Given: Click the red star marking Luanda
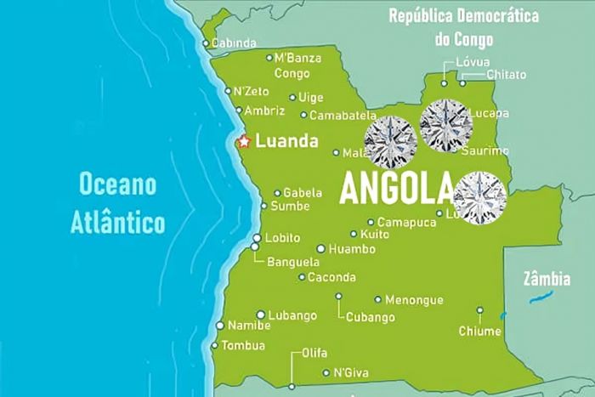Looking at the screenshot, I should coord(243,141).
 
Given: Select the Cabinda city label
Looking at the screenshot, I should coord(234,43).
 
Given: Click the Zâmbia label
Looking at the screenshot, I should coord(547,277).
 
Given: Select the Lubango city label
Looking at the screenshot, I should coord(292,315).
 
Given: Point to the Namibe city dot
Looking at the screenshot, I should coord(220,326).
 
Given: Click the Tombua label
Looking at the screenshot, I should coord(243,345).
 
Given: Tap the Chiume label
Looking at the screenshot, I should coord(479,331).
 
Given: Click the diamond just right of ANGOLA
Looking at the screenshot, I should coord(480,197).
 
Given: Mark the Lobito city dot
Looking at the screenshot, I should coord(257,238).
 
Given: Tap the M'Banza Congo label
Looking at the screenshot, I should coord(297,65).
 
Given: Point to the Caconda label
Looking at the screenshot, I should coord(331,277).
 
